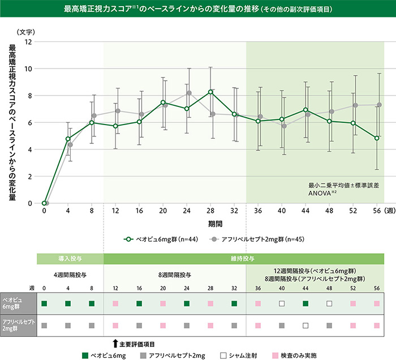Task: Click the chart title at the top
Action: pos(198,10)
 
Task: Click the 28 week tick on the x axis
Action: pos(210,211)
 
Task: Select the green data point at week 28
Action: pos(210,92)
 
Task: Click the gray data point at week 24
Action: pos(189,93)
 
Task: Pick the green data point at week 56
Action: pos(377,138)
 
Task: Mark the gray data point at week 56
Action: pos(380,105)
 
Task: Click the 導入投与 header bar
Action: pos(70,258)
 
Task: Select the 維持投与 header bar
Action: pos(244,258)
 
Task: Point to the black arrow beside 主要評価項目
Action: pos(115,343)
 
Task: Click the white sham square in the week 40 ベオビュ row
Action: pos(282,304)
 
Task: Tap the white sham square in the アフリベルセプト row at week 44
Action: pos(305,325)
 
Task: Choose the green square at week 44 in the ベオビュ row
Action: pos(305,304)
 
